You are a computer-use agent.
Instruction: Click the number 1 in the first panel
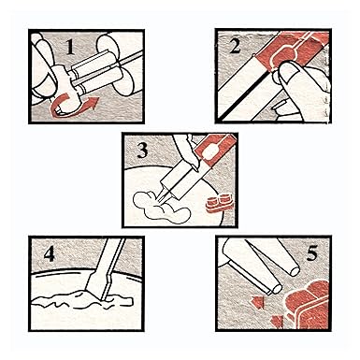point(71,46)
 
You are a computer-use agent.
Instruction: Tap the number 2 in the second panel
point(235,46)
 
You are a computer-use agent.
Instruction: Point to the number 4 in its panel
point(50,253)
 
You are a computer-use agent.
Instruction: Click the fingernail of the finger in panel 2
point(289,74)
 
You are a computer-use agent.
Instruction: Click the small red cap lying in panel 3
point(218,204)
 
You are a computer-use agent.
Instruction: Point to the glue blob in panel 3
point(161,208)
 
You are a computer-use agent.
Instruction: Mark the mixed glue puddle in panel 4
point(82,299)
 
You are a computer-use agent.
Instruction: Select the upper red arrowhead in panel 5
point(258,302)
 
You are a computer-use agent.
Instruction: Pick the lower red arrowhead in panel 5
point(277,321)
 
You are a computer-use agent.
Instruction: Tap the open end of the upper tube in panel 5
point(295,271)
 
